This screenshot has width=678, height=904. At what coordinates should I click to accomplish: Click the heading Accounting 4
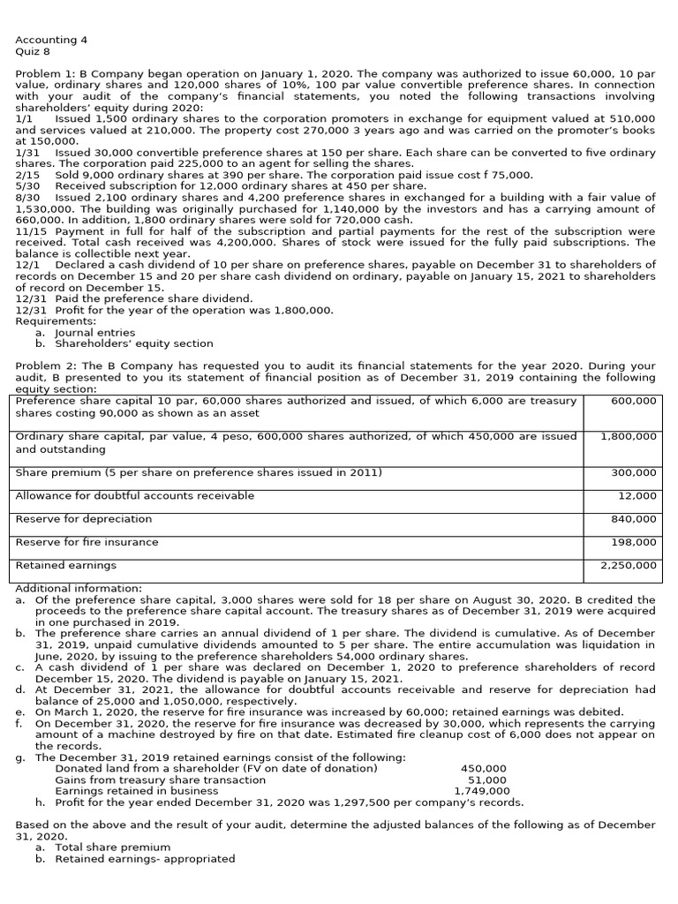coord(51,40)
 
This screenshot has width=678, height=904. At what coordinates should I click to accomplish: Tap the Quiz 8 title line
coord(34,51)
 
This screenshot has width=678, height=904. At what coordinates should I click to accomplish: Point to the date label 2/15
coord(27,175)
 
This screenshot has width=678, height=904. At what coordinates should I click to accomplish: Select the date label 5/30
coord(28,186)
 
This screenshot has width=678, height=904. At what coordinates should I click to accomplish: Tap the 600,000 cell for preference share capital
coord(634,401)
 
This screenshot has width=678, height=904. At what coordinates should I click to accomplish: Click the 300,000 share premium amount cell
coord(634,473)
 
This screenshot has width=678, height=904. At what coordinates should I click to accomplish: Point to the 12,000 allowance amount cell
coord(637,496)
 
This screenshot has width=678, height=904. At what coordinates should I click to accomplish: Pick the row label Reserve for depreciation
coord(84,519)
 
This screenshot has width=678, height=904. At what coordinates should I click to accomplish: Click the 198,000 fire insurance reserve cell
coord(634,542)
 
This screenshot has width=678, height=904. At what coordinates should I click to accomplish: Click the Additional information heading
coord(79,588)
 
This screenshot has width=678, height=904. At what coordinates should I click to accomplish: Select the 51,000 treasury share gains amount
coord(486,780)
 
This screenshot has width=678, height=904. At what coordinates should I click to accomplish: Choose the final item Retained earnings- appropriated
coord(145,858)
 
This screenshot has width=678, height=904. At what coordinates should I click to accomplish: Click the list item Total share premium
coord(113,847)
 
